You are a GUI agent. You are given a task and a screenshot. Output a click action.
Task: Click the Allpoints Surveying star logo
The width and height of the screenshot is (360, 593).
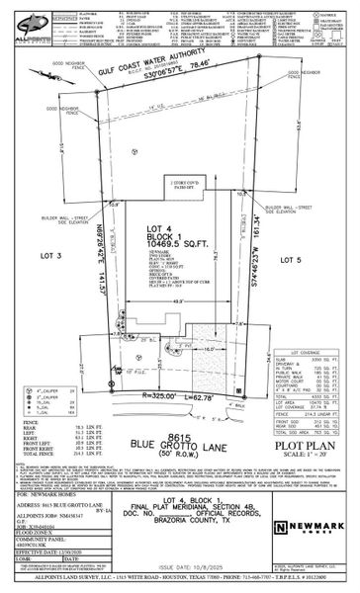(21, 23)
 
